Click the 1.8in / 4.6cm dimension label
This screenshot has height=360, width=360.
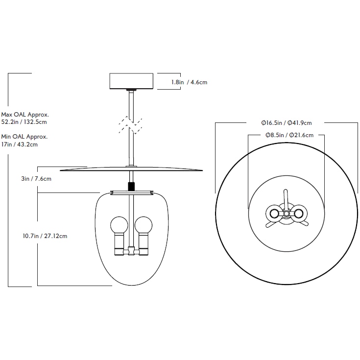coord(189,82)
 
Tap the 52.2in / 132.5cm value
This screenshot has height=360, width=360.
coord(24,121)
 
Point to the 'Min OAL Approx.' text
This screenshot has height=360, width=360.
coord(24,137)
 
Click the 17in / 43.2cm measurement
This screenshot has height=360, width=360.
coord(20,144)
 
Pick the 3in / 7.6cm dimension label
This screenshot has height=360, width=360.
coord(36,179)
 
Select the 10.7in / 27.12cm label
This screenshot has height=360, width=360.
coord(45,236)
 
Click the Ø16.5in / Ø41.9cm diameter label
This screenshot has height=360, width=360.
coord(287,123)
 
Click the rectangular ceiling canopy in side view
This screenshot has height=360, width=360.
coord(131,81)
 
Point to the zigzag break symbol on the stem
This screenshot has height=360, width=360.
coord(131,125)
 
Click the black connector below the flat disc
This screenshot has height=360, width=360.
coord(131,187)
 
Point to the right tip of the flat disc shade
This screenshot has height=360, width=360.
coord(201,170)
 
